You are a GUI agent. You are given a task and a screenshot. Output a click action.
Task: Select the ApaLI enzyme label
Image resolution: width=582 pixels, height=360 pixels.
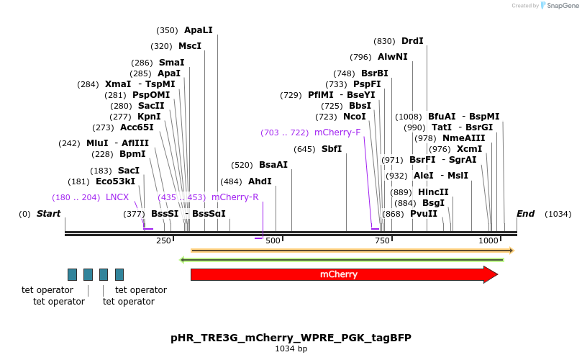coord(199,30)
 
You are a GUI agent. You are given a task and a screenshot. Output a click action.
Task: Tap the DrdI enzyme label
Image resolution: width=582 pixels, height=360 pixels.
coord(412,41)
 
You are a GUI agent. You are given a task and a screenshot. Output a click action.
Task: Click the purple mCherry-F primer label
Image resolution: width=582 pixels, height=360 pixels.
coord(337,132)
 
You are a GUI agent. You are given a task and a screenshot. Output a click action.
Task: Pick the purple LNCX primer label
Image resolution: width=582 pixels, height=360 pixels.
coord(117,197)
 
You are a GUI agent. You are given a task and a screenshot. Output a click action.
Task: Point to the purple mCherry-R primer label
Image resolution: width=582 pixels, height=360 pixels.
coord(235,197)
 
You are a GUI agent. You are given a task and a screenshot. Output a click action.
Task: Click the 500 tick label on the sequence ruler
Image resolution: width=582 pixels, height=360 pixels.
coord(273,240)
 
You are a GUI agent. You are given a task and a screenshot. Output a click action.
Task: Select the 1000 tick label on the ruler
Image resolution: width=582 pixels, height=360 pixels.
coord(488,240)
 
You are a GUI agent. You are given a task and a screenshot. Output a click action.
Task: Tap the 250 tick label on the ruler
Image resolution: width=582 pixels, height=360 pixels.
coord(163,240)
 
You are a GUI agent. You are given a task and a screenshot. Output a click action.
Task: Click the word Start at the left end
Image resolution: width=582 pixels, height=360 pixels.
coord(48,214)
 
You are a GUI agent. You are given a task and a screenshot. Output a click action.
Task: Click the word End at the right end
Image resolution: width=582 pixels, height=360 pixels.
coord(525,214)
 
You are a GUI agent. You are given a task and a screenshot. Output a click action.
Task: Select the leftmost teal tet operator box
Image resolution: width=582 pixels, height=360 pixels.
coord(72,274)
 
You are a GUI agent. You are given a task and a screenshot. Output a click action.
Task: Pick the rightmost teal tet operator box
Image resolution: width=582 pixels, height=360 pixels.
coord(119,274)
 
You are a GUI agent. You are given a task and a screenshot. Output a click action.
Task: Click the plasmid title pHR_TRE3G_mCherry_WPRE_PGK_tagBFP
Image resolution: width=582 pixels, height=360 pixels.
coord(291,337)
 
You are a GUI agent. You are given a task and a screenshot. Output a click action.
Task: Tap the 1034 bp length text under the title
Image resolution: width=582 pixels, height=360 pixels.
coord(291,349)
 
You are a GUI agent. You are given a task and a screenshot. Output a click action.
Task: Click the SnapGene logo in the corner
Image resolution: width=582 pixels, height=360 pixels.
coord(560,6)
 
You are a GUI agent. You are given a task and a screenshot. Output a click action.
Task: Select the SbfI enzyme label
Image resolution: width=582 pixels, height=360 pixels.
coord(332,149)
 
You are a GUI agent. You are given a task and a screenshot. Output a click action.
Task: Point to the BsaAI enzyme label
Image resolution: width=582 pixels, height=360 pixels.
coord(273,165)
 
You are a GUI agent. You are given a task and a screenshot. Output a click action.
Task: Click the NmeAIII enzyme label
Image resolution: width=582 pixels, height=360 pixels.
coord(463,138)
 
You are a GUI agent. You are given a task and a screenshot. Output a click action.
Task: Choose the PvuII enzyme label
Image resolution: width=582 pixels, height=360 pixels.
coord(424,214)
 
